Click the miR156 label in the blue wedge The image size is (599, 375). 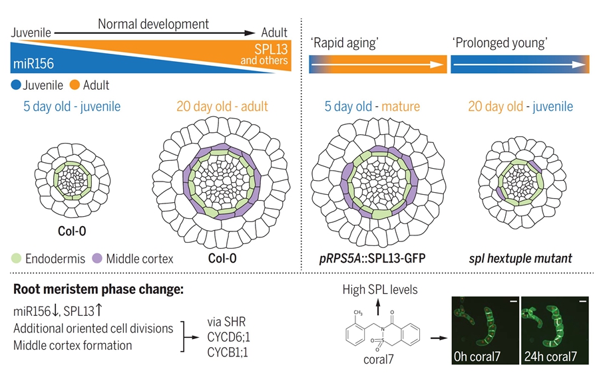tap(33, 65)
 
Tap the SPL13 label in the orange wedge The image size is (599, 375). tap(272, 49)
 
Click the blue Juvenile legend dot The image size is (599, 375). tap(16, 84)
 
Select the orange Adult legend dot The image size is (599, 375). tap(75, 84)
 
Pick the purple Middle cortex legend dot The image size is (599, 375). tap(97, 259)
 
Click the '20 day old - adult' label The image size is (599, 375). tap(222, 106)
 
